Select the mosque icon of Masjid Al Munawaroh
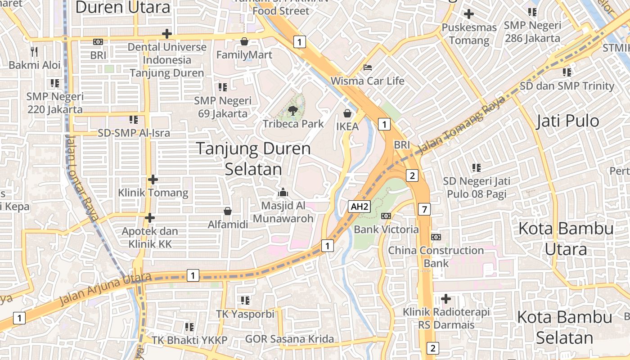tap(283, 193)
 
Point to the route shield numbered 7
tap(424, 209)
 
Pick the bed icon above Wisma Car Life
tap(368, 67)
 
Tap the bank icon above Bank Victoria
tap(386, 216)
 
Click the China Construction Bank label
tap(436, 256)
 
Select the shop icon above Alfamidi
tap(228, 211)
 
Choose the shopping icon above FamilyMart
tap(244, 41)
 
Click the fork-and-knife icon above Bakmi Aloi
tap(34, 51)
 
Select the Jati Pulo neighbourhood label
tap(567, 121)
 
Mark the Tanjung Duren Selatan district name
tap(253, 158)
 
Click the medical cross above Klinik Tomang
tap(153, 180)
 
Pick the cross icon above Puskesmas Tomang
tap(469, 14)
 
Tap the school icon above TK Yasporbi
tap(245, 300)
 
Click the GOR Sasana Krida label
tap(289, 339)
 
